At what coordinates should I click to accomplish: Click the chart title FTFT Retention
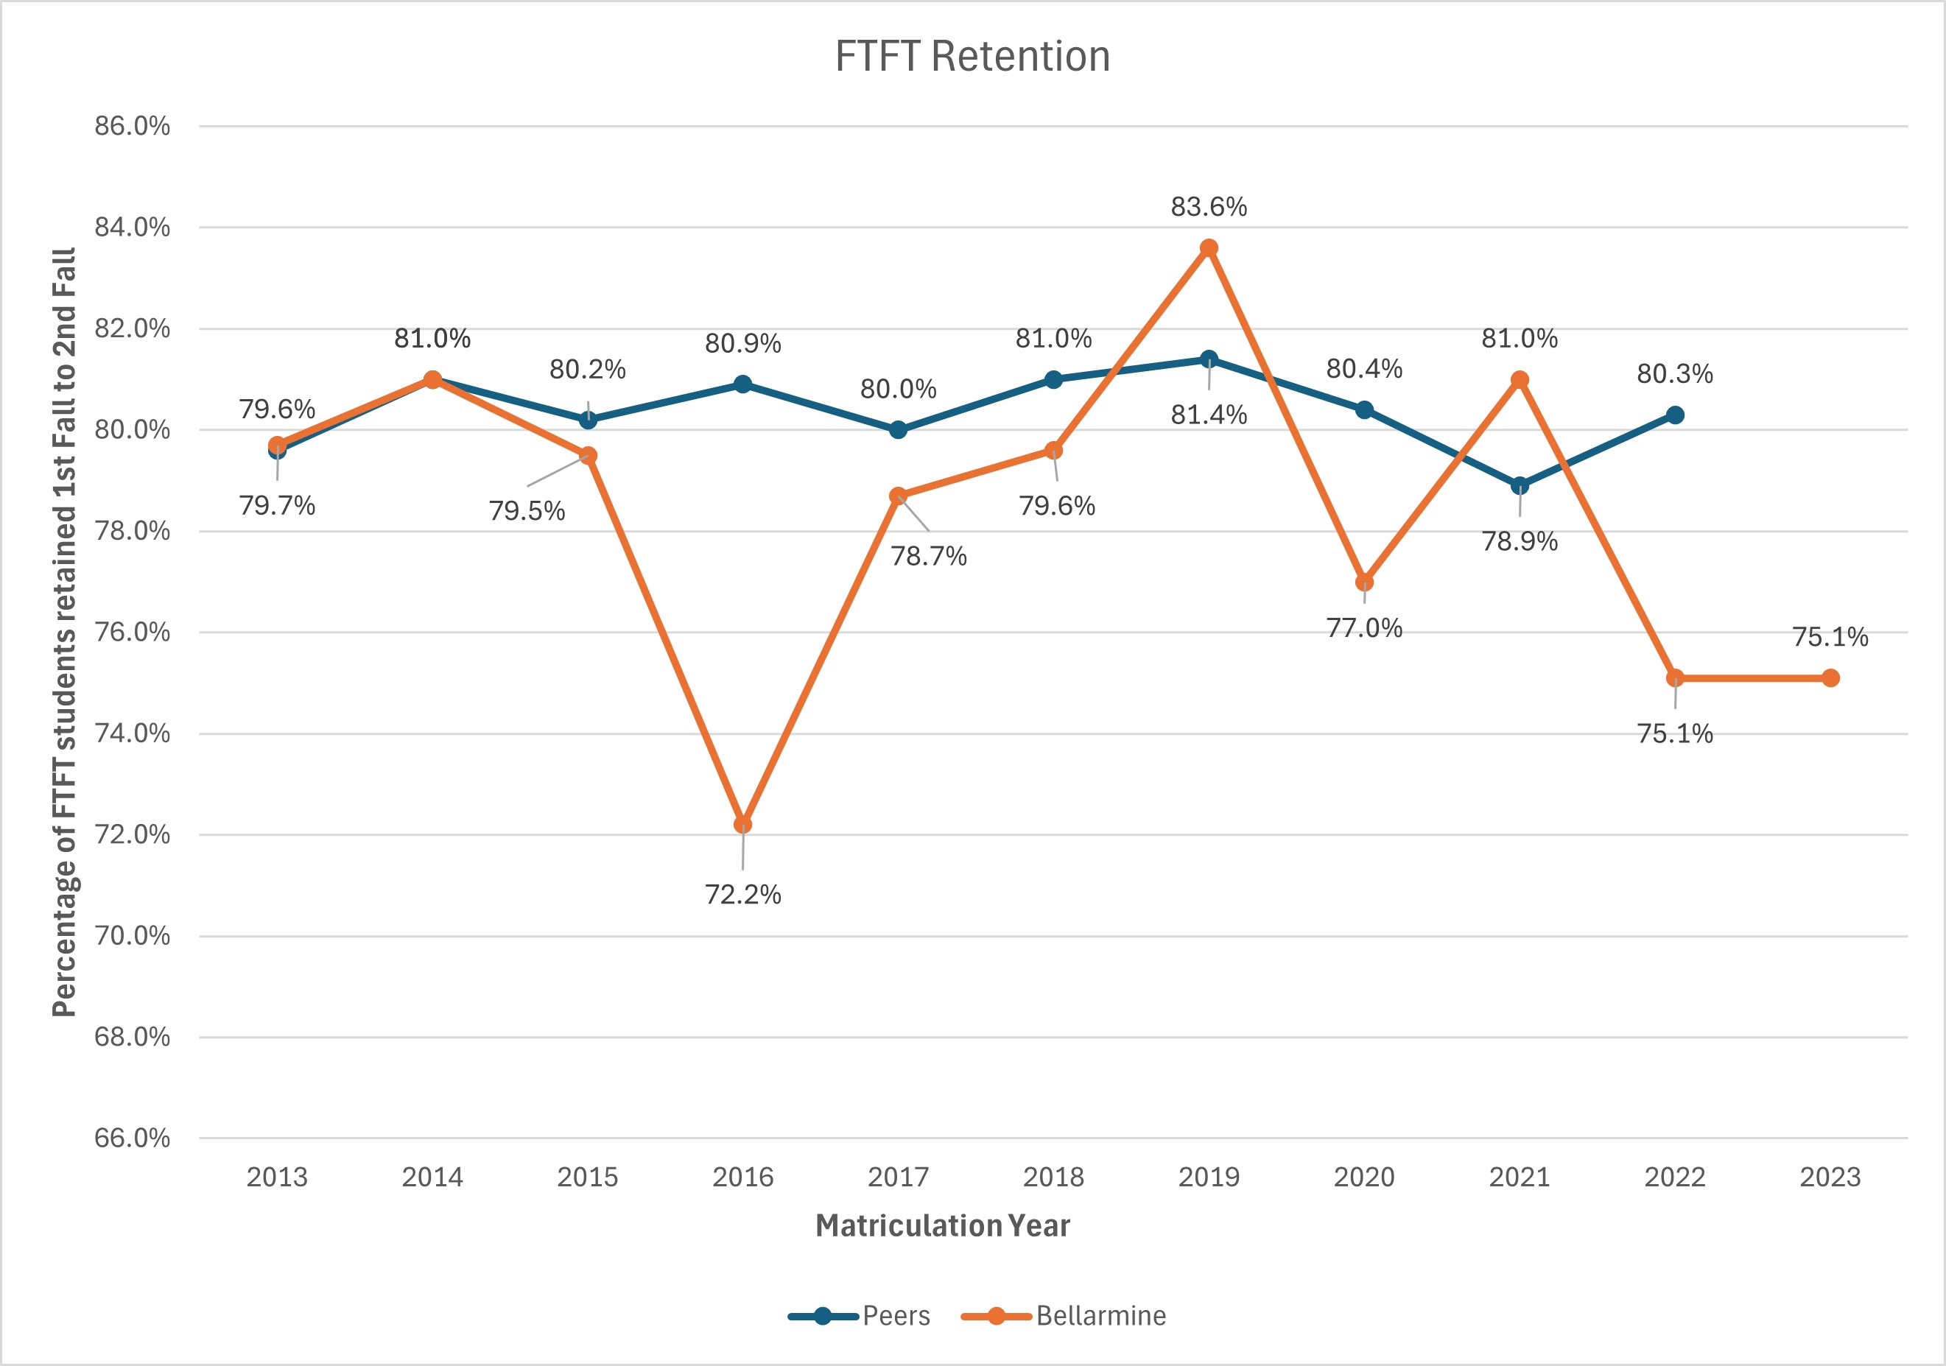(972, 57)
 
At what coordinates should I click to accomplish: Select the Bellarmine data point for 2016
(743, 825)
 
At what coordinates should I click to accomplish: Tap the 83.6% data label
(1209, 207)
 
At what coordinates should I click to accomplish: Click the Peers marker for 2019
(1209, 359)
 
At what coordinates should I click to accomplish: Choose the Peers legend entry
(860, 1316)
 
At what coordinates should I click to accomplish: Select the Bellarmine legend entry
(1064, 1316)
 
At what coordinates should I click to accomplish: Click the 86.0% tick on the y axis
(133, 126)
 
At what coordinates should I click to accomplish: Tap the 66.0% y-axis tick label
(133, 1138)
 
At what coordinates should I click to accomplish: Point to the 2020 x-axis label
(1363, 1177)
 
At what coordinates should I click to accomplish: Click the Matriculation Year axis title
(943, 1226)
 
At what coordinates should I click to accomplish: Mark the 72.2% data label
(743, 895)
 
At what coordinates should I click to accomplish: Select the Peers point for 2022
(1675, 415)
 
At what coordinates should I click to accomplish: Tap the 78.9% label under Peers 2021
(1519, 541)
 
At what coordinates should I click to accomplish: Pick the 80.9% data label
(743, 343)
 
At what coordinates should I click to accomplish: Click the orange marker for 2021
(1520, 380)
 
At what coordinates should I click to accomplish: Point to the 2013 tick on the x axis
(277, 1177)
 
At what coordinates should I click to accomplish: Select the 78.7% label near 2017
(928, 556)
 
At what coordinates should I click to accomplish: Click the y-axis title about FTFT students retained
(64, 631)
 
